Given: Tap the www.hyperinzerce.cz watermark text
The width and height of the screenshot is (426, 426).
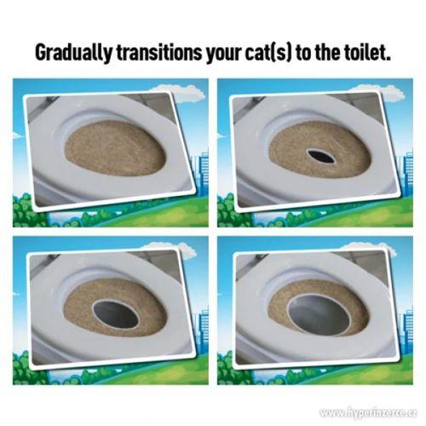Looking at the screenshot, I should point(367,412).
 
